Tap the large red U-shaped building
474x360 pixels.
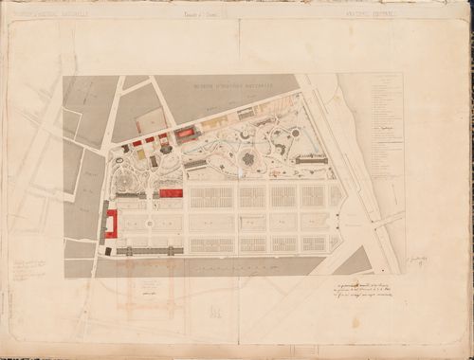[x=112, y=222]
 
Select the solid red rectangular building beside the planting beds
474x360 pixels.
[x=171, y=193]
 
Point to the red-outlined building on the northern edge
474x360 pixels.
[x=185, y=135]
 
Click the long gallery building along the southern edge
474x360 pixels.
[x=152, y=251]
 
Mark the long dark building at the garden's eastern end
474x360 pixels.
[x=313, y=160]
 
